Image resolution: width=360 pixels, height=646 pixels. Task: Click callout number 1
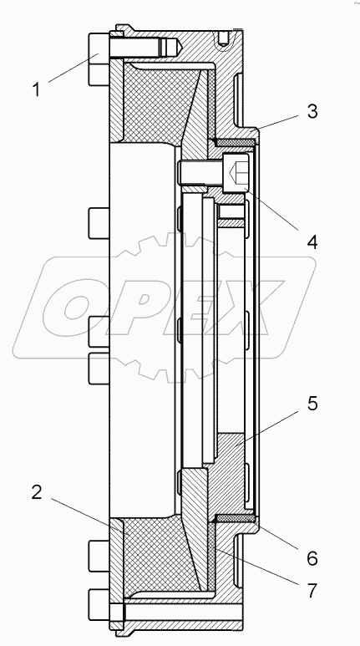pyautogui.click(x=37, y=89)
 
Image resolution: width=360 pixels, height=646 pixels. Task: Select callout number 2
pyautogui.click(x=37, y=492)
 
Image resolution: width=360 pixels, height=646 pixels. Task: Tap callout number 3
pyautogui.click(x=312, y=112)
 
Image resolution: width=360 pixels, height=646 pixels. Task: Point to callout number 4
pyautogui.click(x=312, y=242)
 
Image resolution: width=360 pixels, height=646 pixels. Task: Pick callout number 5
pyautogui.click(x=312, y=404)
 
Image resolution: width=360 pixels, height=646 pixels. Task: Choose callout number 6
pyautogui.click(x=312, y=558)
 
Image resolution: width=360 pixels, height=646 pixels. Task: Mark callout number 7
pyautogui.click(x=312, y=591)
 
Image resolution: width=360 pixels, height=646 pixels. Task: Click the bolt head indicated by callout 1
pyautogui.click(x=99, y=58)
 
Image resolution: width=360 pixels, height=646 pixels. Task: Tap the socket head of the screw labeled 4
pyautogui.click(x=236, y=172)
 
